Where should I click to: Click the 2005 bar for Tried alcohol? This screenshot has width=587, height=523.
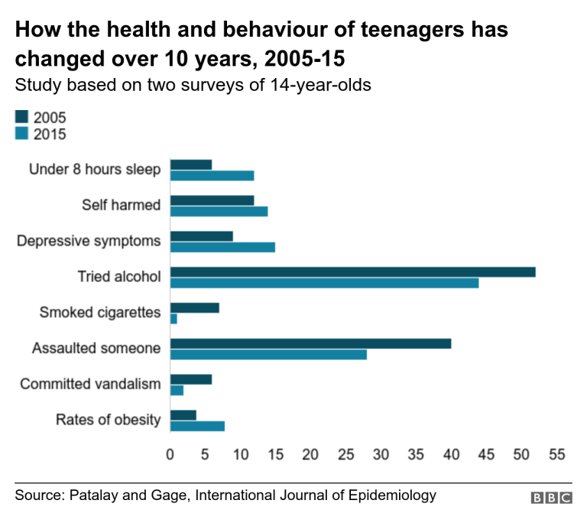pos(352,272)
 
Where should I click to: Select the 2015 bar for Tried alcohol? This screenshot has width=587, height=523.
pos(324,283)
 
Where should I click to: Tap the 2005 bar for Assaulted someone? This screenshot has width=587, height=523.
pos(310,343)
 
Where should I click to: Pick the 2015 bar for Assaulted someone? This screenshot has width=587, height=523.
pos(268,354)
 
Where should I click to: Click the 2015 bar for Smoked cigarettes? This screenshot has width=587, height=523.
pos(174,319)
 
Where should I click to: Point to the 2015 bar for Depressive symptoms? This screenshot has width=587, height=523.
pos(222,247)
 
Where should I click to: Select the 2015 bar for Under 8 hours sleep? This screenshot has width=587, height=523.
pos(212,176)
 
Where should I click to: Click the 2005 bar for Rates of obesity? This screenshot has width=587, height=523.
pos(183,415)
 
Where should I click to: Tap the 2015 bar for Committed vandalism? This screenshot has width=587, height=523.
pos(177,390)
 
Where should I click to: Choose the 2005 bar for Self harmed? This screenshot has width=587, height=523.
pos(212,200)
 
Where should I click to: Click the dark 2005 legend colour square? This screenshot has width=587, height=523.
pos(21,117)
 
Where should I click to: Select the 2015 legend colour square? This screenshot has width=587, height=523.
pos(21,134)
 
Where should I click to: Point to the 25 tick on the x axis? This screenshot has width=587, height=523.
pos(345,455)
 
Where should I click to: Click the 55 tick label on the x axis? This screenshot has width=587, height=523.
pos(556,455)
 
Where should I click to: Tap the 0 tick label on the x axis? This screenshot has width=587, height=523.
pos(170,455)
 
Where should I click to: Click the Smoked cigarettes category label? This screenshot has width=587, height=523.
pos(100,312)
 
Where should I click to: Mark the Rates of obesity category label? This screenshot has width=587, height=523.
pos(108,420)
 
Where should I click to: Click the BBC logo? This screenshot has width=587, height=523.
pos(551,498)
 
